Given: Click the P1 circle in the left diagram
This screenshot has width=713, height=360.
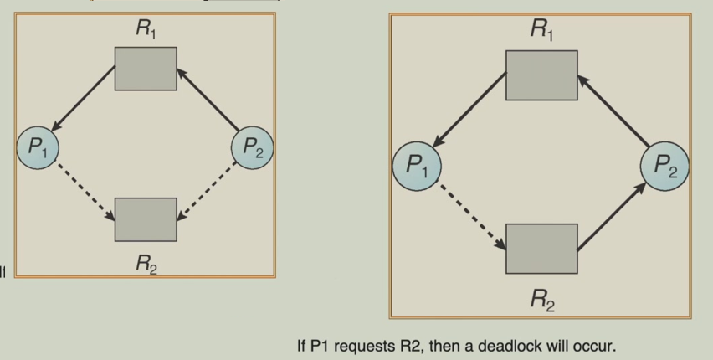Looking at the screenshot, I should [x=38, y=149].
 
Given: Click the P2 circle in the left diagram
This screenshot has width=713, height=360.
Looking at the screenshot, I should [x=252, y=149].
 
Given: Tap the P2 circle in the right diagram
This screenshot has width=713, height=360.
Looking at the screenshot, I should [x=665, y=165].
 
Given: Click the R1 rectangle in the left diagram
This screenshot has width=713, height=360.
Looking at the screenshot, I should [x=146, y=69].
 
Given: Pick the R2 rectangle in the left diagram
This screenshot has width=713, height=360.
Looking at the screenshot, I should [x=146, y=219].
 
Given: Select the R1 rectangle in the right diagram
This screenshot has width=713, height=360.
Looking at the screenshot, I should [x=541, y=75].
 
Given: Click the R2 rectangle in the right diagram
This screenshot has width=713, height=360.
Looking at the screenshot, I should [x=541, y=249].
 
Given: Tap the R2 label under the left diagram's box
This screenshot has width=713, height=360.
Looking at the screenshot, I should [x=146, y=265].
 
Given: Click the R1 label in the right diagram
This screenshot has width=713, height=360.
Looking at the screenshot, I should [x=542, y=30].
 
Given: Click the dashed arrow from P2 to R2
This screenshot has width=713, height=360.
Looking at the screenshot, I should [x=207, y=194].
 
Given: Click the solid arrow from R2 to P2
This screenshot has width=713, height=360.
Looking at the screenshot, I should [x=612, y=214].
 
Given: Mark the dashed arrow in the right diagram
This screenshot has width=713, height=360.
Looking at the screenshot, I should [x=472, y=213].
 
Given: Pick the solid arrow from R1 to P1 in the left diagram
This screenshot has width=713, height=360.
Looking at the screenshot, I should [x=84, y=101].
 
